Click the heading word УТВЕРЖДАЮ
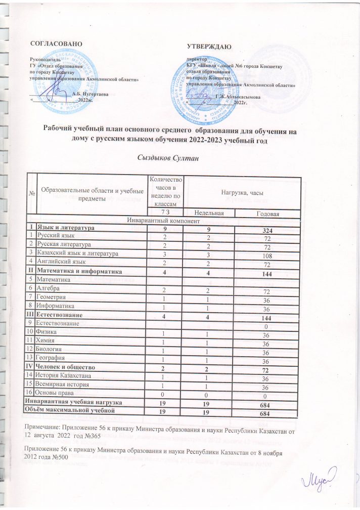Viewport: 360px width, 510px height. (x=209, y=47)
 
